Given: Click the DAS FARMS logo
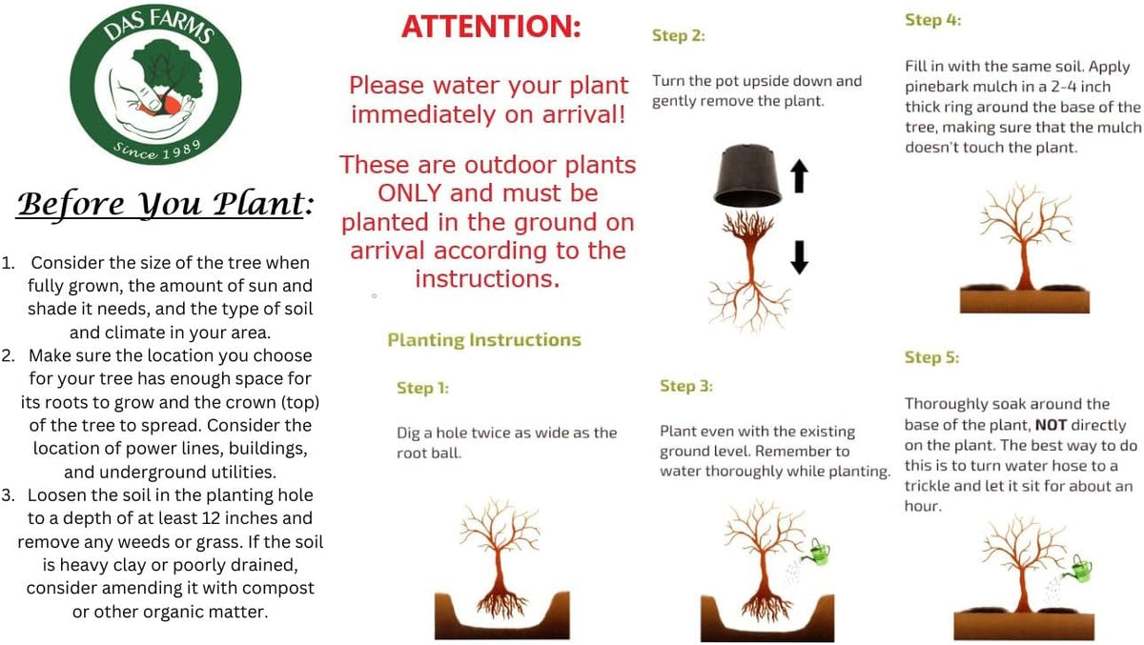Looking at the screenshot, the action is [155, 84].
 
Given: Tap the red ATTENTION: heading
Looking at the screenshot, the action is [491, 27].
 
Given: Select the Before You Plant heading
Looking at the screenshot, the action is [165, 205].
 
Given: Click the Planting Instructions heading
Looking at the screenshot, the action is [484, 340].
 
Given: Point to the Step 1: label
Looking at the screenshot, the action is [423, 388].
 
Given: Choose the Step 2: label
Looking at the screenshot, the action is [679, 35].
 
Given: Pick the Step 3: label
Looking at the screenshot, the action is [686, 386].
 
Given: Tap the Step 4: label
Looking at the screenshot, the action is [933, 20].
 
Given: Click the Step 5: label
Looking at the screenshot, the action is [932, 357].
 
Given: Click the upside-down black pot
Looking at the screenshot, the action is [747, 175].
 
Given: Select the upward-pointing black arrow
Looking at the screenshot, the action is [800, 176].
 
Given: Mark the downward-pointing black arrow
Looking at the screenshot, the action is [800, 257].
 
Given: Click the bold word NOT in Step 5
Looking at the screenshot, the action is [1051, 425].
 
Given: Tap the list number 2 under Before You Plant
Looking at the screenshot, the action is [8, 355].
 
